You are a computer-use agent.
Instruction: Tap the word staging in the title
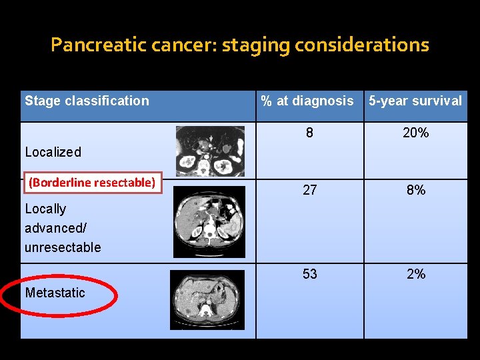[x=255, y=45]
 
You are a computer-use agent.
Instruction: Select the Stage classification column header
[x=87, y=101]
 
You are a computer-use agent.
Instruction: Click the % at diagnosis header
[x=307, y=101]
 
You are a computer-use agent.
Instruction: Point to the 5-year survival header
[x=415, y=101]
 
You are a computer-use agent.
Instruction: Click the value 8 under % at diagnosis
[x=309, y=133]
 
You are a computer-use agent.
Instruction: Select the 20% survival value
[x=415, y=133]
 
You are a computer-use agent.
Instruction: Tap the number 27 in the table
[x=309, y=190]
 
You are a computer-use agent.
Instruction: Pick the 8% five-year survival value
[x=415, y=190]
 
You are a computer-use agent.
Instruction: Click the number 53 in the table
[x=309, y=274]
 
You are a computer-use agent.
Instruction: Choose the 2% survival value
[x=415, y=274]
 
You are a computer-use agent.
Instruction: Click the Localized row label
[x=53, y=152]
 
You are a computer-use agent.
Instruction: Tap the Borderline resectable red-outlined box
[x=92, y=182]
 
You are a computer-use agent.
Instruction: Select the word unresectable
[x=63, y=247]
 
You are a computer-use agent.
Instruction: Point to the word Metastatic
[x=55, y=293]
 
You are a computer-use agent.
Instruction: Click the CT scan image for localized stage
[x=210, y=151]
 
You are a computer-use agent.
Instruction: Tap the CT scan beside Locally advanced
[x=209, y=221]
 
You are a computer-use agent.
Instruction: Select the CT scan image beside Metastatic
[x=207, y=300]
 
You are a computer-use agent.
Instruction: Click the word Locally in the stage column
[x=45, y=209]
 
